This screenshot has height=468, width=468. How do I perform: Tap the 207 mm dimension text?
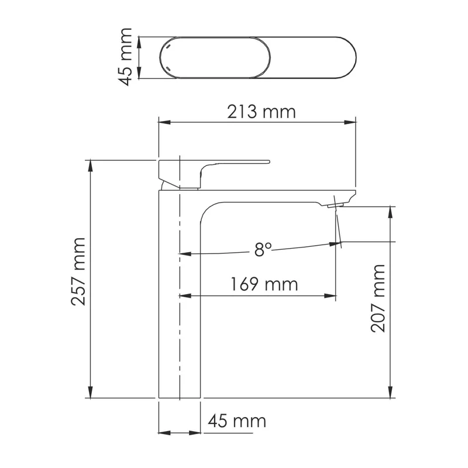(378, 298)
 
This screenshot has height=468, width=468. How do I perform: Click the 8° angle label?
(263, 250)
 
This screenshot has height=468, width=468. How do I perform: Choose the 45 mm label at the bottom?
(237, 421)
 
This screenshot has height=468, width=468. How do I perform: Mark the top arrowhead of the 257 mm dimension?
(91, 164)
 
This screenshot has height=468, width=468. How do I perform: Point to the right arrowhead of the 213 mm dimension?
(350, 122)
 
